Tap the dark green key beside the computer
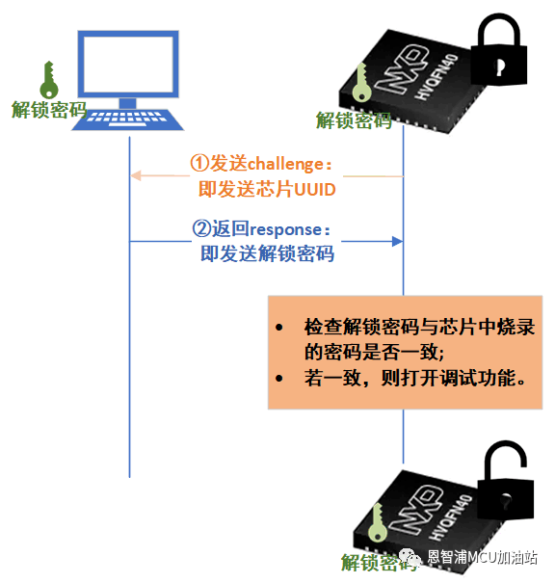49,80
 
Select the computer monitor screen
128,64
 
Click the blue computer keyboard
127,119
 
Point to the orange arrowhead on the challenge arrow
136,175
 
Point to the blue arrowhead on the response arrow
397,241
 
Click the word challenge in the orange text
285,165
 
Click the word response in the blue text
285,230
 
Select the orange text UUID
315,190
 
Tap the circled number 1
199,163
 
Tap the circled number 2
201,228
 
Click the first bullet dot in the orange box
279,328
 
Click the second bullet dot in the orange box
279,379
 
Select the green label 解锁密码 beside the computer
49,110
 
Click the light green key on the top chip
361,83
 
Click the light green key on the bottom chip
378,522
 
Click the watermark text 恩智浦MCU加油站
482,557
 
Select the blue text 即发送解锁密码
267,254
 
